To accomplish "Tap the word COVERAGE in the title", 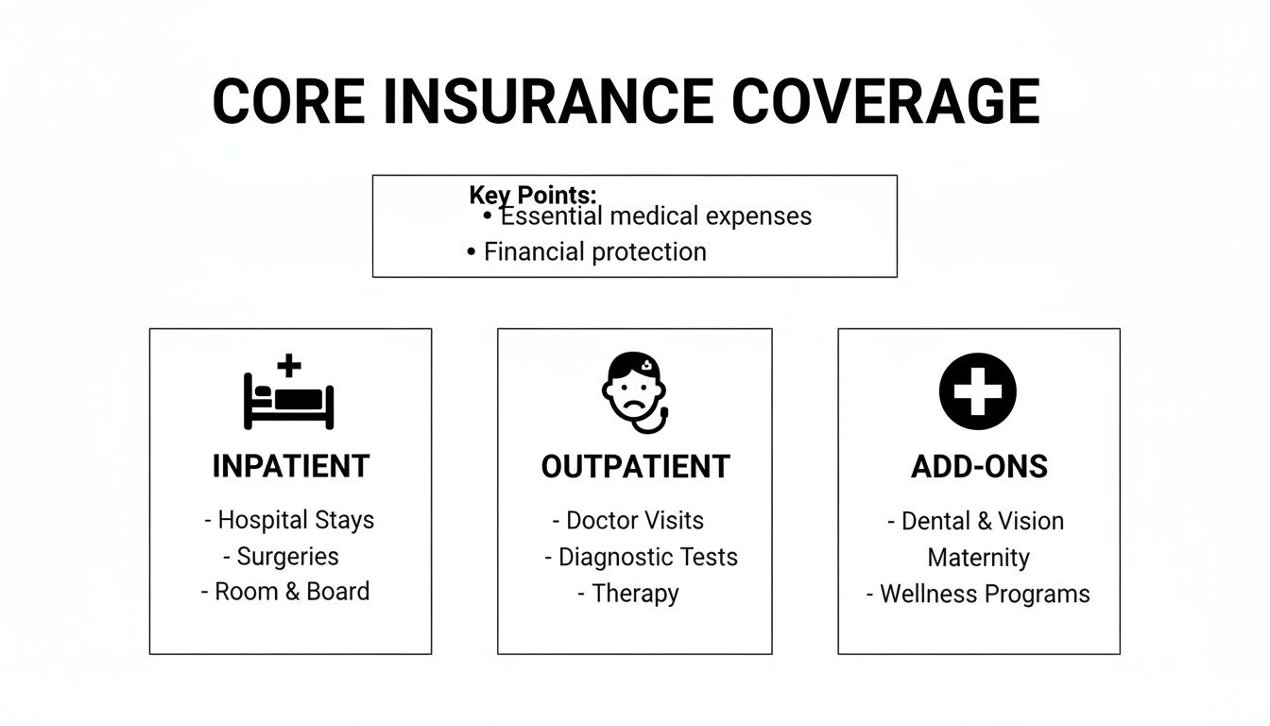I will coord(885,101).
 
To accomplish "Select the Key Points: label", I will coord(533,195).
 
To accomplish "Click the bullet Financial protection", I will coord(594,251).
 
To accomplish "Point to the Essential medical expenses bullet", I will coord(655,216).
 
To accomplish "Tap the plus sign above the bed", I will coord(288,365).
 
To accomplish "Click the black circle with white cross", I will coord(977,391).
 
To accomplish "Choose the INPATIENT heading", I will coord(290,466).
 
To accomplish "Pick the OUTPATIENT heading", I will coord(635,466).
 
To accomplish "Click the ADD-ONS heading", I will coord(979,467).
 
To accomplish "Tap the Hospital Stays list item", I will coord(295,520).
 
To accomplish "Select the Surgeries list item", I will coord(287,557).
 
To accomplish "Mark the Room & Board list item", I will coord(292,592).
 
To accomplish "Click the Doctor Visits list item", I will coord(634,520).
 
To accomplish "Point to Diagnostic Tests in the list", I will coord(647,557).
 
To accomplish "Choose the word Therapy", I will coord(635,594).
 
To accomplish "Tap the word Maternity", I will coord(978,558).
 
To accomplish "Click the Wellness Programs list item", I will coord(985,594).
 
